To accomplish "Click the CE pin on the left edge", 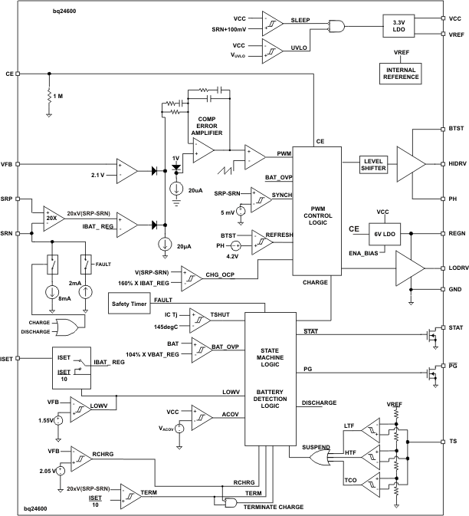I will [17, 74].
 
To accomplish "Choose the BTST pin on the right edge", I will [444, 129].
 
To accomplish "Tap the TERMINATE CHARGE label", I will [274, 507].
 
